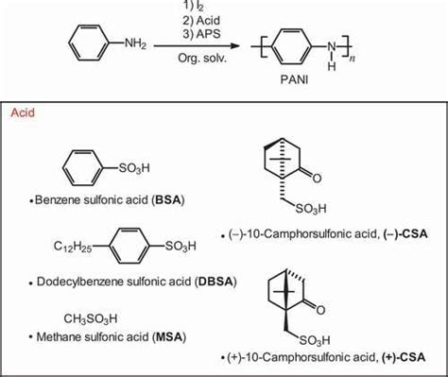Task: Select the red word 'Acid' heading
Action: pos(24,112)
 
